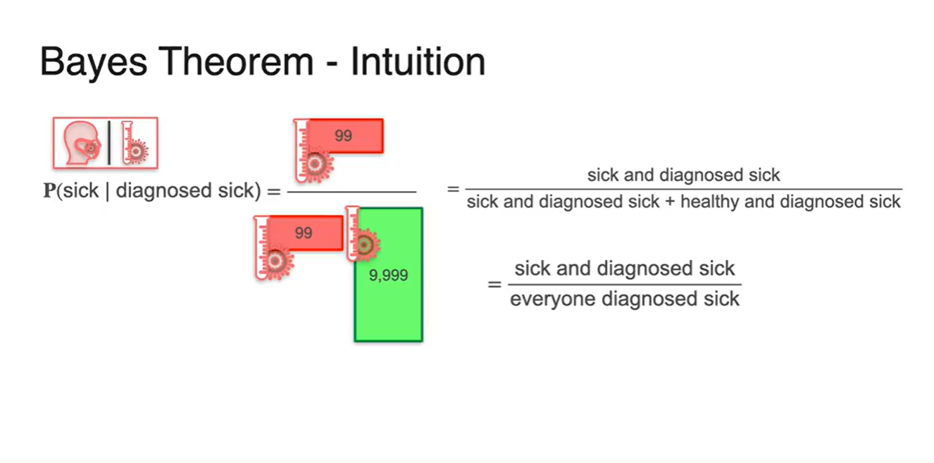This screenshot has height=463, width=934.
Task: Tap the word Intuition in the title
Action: click(418, 63)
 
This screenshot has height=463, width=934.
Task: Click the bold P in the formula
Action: click(49, 192)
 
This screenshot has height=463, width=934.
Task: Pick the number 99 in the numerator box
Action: click(343, 135)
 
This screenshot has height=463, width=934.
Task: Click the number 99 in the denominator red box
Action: click(304, 233)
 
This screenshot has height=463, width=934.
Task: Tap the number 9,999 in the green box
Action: click(388, 276)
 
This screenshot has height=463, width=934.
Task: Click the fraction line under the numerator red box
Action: click(351, 192)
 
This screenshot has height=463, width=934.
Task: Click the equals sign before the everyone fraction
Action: click(495, 285)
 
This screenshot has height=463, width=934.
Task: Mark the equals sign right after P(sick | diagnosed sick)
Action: click(273, 192)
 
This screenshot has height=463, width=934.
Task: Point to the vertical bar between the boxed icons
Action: click(109, 144)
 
